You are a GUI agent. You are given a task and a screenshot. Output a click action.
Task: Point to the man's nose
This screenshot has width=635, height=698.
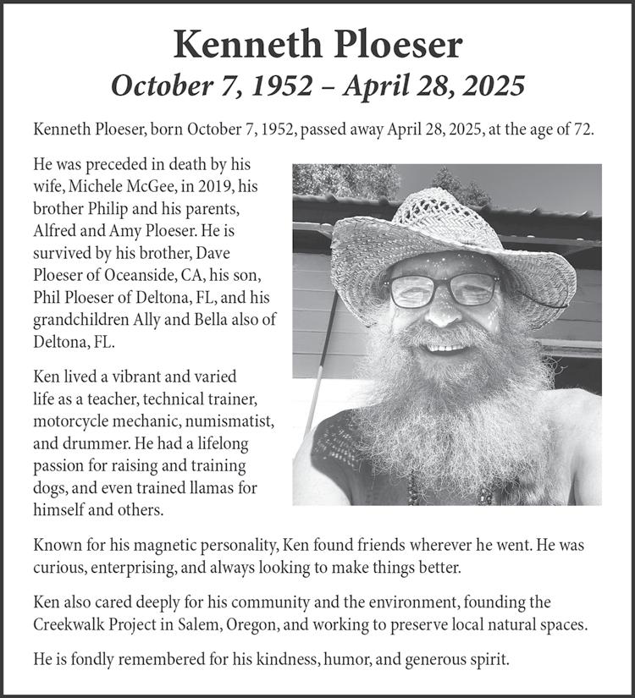[x=443, y=313]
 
